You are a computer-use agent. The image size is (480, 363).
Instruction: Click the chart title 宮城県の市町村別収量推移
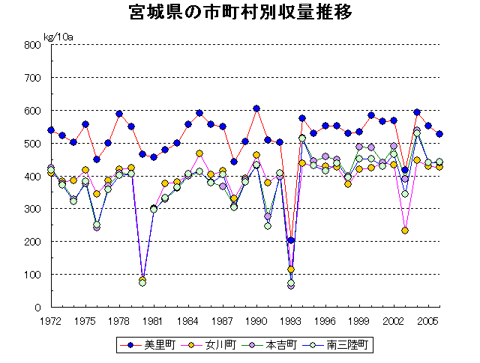[240, 13]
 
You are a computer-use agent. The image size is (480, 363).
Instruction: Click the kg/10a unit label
[58, 36]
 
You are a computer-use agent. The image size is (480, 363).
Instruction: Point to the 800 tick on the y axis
[31, 45]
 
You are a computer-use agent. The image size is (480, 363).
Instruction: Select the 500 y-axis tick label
[31, 144]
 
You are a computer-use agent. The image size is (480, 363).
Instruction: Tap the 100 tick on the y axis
[31, 275]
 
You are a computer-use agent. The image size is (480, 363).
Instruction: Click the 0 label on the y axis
[36, 308]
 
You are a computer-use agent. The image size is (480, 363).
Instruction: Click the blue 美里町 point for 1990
[256, 109]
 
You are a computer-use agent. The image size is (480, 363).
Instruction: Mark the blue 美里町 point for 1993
[291, 241]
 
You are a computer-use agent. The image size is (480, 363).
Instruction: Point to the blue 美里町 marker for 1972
[51, 130]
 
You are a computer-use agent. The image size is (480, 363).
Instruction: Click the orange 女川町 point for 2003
[405, 231]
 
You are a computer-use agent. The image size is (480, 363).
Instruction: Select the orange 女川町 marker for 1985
[199, 153]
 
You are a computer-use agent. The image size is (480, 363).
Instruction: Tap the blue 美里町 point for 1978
[119, 114]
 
